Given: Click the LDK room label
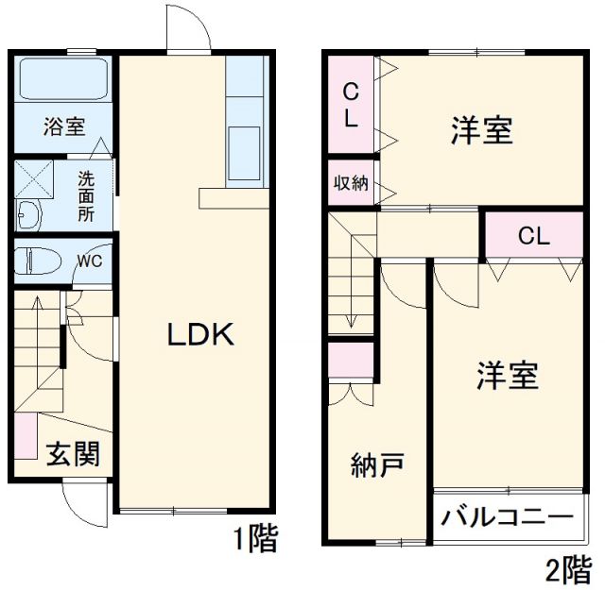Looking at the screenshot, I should (200, 334).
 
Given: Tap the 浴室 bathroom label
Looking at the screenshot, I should (63, 128).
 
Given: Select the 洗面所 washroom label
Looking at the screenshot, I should (86, 194).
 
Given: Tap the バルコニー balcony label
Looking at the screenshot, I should (508, 518).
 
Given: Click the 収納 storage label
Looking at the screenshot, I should (351, 183).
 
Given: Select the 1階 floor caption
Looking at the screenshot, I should (256, 541).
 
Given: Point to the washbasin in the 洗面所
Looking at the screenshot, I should (29, 215).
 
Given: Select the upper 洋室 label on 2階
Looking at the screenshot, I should (481, 131).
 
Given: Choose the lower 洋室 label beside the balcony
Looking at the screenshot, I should (506, 376).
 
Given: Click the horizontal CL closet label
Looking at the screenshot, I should (533, 236).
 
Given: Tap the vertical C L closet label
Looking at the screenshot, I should (350, 106).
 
